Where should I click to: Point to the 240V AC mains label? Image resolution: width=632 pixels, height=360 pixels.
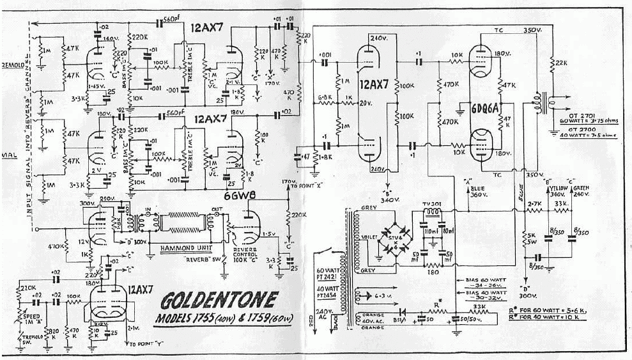(x=302, y=316)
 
